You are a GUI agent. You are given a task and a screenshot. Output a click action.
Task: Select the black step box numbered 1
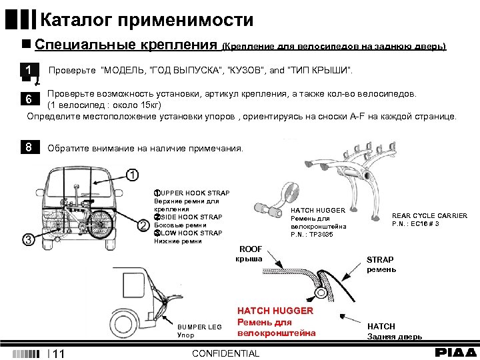pos(28,70)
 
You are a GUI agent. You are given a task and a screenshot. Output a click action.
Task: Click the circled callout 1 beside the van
pos(131,175)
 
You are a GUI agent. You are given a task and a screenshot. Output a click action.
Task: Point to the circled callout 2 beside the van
pos(142,226)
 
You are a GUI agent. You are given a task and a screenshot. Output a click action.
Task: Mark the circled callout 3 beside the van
pos(28,239)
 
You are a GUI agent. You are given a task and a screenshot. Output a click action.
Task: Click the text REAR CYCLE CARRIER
pos(429,215)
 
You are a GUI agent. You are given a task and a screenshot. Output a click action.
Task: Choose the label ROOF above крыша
pos(251,249)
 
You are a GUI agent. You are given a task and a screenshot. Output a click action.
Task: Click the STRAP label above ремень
pos(380,259)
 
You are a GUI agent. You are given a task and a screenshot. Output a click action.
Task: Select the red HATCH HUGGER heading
pos(275,311)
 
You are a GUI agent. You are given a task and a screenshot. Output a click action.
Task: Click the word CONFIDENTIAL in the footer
pos(225,353)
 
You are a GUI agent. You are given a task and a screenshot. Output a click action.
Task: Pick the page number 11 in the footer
pos(58,354)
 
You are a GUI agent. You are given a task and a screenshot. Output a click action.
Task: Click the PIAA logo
pos(456,352)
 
